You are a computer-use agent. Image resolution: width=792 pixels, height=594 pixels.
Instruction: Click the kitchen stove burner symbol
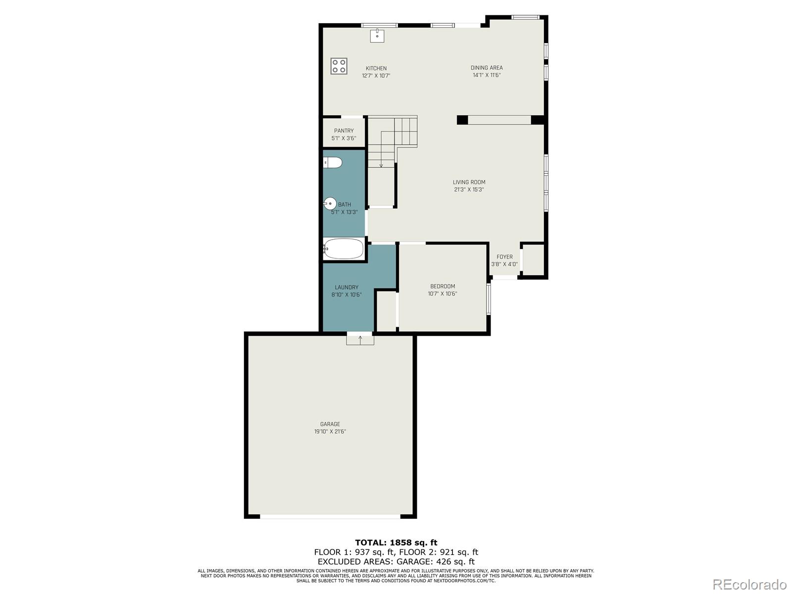click(339, 66)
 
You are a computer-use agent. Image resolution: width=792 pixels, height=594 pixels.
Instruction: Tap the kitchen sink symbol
click(377, 36)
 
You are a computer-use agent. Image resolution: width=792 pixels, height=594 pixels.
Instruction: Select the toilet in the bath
click(333, 162)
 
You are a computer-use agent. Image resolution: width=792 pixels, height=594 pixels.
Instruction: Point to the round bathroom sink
click(330, 203)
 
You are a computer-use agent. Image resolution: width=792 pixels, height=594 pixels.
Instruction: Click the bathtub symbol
click(344, 249)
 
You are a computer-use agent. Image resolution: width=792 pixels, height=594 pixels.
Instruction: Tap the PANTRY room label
click(344, 131)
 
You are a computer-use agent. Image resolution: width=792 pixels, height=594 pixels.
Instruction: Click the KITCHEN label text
click(376, 68)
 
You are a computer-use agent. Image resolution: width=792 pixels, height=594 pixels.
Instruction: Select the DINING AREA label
click(487, 68)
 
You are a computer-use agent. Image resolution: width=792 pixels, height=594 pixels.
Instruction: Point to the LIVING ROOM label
click(469, 182)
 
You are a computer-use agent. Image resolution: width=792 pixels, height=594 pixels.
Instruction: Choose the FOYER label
click(504, 257)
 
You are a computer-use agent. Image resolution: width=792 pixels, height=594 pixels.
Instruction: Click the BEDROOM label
click(443, 286)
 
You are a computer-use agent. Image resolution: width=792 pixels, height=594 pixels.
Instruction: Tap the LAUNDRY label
click(346, 287)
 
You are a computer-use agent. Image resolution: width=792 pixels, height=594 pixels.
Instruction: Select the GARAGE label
click(330, 424)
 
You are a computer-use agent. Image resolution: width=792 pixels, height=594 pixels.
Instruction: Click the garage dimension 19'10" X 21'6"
click(330, 432)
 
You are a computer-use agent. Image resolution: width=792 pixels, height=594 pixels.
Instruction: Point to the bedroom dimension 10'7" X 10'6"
click(443, 294)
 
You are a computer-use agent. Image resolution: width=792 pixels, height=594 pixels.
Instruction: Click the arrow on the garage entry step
click(360, 340)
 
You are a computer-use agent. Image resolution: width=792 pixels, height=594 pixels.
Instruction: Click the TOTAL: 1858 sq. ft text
click(396, 543)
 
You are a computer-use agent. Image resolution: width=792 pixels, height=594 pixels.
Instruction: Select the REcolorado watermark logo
click(749, 584)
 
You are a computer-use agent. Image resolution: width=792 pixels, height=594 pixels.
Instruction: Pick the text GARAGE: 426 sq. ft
click(437, 561)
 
